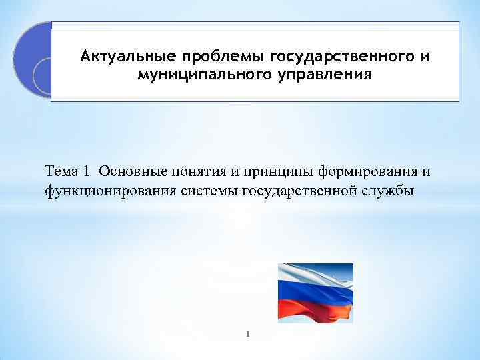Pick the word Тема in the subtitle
point(62,173)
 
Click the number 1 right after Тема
point(87,173)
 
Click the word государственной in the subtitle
point(301,191)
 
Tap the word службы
point(389,191)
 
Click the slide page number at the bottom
point(247,334)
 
